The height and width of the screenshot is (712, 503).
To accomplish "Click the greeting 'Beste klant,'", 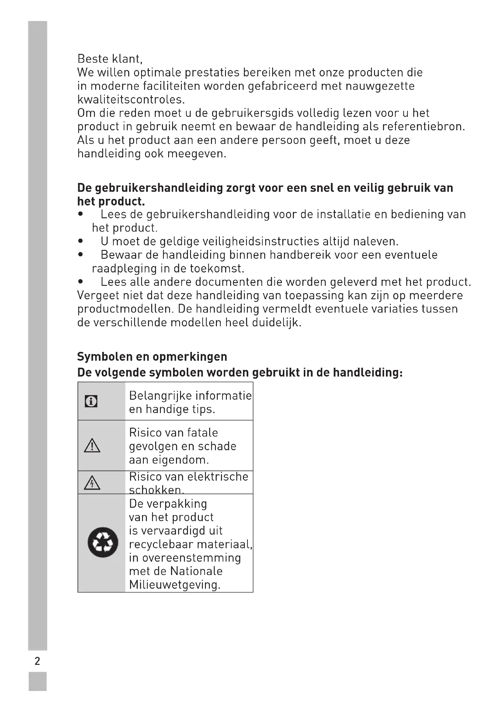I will pyautogui.click(x=110, y=59).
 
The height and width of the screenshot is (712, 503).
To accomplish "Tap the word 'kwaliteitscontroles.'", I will pyautogui.click(x=131, y=100).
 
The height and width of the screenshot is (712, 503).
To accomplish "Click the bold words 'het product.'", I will pyautogui.click(x=111, y=202).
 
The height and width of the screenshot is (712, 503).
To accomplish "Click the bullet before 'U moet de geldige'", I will pyautogui.click(x=81, y=241).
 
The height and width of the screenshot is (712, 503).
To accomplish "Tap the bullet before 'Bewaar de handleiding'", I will pyautogui.click(x=81, y=254).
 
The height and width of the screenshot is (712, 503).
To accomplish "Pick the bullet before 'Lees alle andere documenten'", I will pyautogui.click(x=81, y=282).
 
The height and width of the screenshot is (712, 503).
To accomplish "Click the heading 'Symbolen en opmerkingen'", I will pyautogui.click(x=152, y=357).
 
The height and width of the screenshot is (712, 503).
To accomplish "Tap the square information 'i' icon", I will pyautogui.click(x=91, y=401).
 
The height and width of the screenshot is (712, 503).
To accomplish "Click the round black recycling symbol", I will pyautogui.click(x=103, y=542).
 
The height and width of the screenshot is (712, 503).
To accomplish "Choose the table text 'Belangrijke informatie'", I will pyautogui.click(x=190, y=396).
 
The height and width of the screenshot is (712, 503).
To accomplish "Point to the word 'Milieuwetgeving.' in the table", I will pyautogui.click(x=175, y=585).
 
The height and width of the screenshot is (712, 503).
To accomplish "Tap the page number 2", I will pyautogui.click(x=37, y=661).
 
